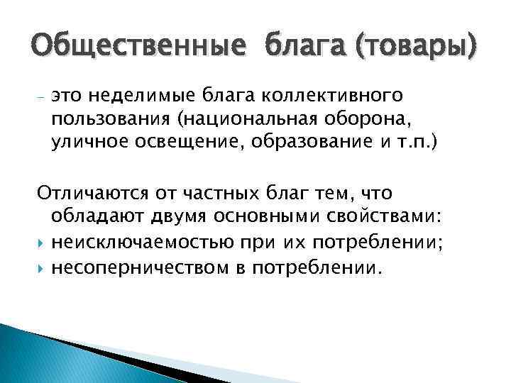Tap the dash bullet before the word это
(40, 96)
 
